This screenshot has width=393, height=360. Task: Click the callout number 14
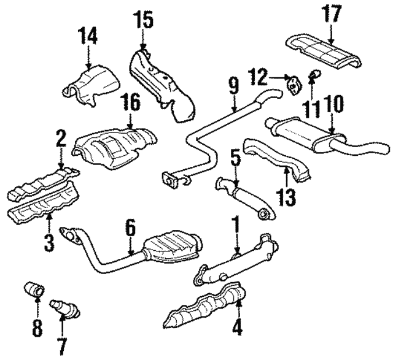tap(87, 37)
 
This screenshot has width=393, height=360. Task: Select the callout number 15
tap(143, 23)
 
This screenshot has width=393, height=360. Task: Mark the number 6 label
tap(130, 228)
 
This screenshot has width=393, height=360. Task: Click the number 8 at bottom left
tap(37, 327)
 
